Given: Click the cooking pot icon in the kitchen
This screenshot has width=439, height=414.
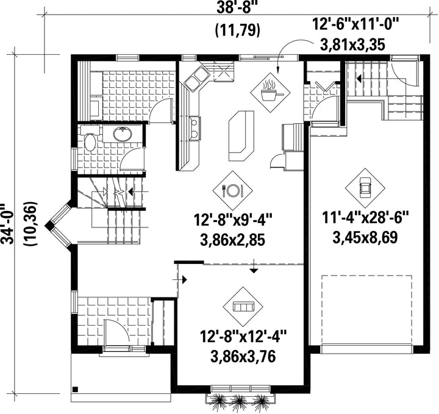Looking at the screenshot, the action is tap(270, 93).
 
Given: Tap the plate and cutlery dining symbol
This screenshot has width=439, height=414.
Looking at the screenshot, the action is tap(232, 191).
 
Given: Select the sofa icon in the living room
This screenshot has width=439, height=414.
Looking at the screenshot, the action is tap(243, 307).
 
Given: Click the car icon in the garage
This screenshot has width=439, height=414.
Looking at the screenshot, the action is tap(365, 188).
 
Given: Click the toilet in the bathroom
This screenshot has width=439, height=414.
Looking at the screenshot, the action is tap(90, 138).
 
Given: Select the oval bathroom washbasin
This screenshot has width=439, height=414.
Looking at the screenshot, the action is tap(123, 134).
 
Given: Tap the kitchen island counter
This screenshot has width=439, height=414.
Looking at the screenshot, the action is tap(241, 136).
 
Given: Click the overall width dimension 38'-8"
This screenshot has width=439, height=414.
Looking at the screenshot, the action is tap(237, 7).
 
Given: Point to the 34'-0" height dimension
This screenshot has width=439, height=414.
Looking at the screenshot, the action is tap(8, 224).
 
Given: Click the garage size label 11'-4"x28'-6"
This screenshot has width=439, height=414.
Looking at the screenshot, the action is tap(365, 218).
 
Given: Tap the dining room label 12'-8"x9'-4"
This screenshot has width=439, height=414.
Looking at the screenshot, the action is tap(232, 219).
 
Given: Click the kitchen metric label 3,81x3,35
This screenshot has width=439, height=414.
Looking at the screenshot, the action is tap(352, 45).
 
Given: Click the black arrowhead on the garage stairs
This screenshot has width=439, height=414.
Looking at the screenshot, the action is tap(359, 79).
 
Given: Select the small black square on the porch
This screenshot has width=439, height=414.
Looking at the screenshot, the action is tap(75, 389).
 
